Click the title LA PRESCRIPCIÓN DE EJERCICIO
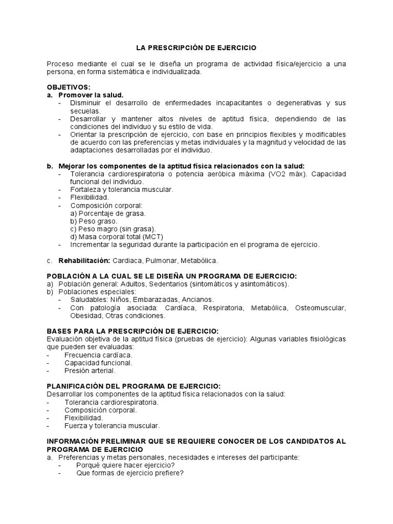(196, 48)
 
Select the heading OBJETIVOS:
(68, 88)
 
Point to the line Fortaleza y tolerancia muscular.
(122, 189)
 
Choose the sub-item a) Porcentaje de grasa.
(108, 213)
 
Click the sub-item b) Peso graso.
(94, 221)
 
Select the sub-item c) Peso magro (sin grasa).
(113, 229)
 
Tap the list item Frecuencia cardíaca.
(98, 355)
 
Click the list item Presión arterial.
(90, 370)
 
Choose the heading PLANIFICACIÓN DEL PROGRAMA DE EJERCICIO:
(134, 385)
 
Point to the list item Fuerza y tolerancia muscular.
(112, 425)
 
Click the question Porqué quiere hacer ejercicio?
(125, 465)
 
